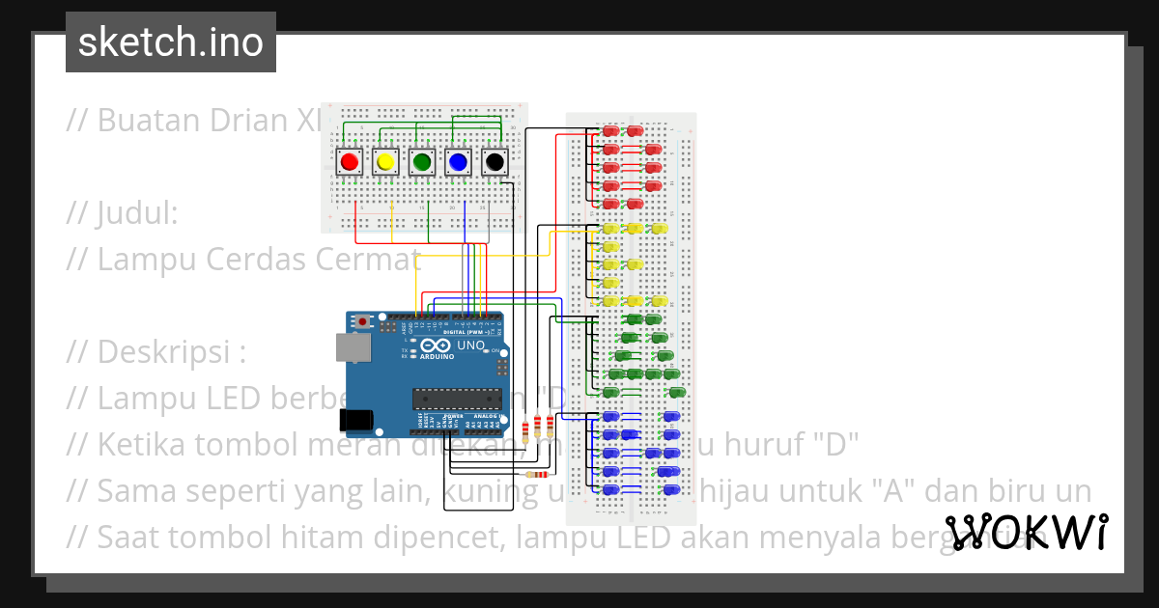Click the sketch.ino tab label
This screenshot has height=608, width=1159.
(171, 42)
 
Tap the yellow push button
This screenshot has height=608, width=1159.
(385, 162)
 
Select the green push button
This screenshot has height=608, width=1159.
(422, 162)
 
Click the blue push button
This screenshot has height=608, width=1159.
(459, 162)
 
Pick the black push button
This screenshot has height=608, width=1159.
(495, 162)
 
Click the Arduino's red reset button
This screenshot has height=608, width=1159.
(362, 321)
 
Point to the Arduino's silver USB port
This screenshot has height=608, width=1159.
(353, 348)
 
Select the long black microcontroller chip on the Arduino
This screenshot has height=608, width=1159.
(457, 398)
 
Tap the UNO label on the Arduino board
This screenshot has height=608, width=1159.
(470, 345)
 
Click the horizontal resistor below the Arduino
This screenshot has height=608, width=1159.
(534, 474)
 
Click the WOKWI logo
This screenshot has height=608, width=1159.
(1026, 532)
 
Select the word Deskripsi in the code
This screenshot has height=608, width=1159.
(159, 352)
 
